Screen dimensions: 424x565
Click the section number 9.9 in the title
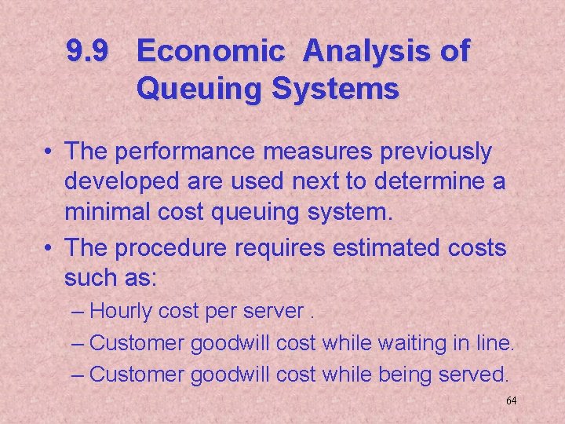[88, 52]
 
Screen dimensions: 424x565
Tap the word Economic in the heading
[211, 52]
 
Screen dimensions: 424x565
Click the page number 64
[511, 400]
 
